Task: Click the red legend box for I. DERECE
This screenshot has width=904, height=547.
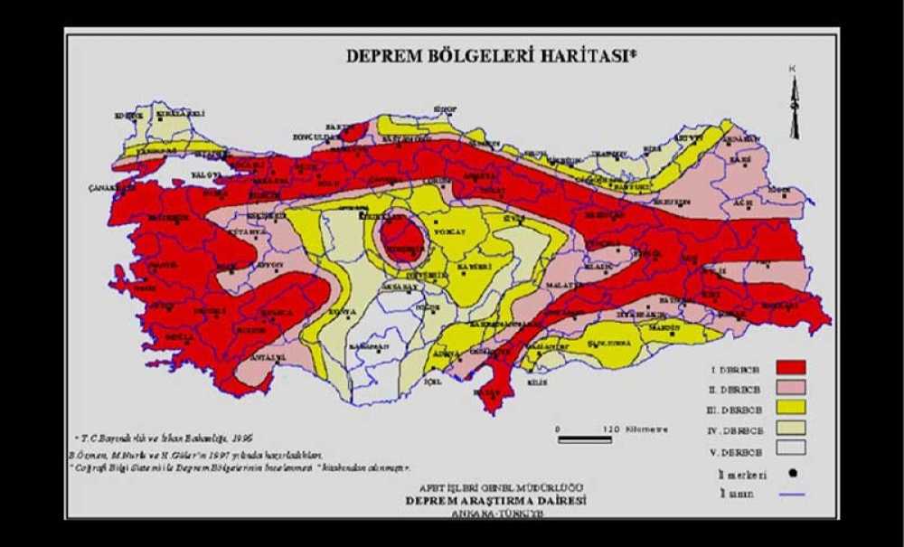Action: (x=789, y=367)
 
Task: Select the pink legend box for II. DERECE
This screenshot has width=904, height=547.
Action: (x=789, y=387)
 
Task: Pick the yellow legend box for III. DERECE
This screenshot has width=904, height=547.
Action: (x=789, y=408)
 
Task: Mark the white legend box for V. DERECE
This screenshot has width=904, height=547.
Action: (x=789, y=450)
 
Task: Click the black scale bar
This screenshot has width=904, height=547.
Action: (x=586, y=439)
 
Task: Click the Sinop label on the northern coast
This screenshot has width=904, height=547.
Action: (x=444, y=108)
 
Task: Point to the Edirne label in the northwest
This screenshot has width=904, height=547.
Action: (x=127, y=115)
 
